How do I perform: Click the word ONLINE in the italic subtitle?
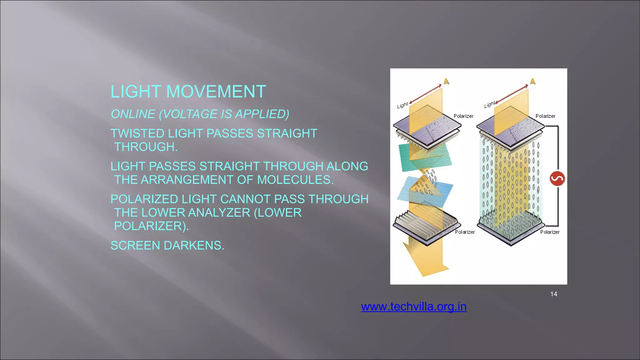[133, 114]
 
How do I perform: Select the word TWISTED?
[137, 133]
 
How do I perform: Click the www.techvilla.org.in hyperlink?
[414, 307]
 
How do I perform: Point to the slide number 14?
[553, 294]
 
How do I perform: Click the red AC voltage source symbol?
[557, 178]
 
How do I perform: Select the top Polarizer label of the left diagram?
[463, 116]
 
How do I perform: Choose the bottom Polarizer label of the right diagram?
[550, 232]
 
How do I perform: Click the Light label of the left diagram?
[402, 105]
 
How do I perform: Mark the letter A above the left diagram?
[446, 81]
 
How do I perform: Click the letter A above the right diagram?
[533, 81]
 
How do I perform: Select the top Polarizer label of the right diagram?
[545, 116]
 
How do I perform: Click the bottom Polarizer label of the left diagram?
[465, 232]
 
